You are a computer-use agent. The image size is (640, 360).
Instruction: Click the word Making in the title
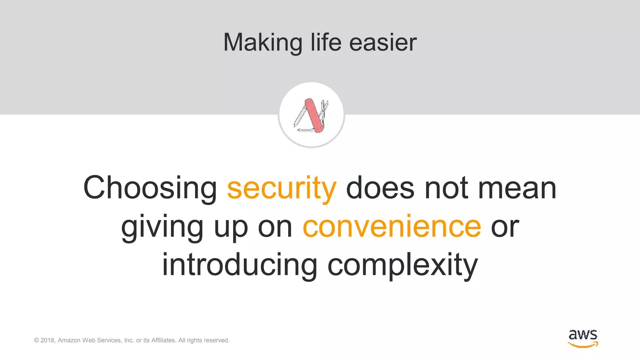[262, 42]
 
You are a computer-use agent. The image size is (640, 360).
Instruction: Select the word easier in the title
[383, 42]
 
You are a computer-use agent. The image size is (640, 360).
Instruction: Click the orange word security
[282, 188]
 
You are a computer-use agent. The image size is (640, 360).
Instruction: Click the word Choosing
[150, 188]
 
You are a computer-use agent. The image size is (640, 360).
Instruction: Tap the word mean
[517, 188]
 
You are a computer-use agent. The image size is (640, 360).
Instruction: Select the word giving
[162, 227]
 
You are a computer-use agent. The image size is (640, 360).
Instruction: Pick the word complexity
[403, 265]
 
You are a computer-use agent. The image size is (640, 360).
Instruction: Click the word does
[380, 188]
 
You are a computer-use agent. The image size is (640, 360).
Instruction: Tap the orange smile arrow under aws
[583, 345]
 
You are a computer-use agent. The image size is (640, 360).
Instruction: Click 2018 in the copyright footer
[47, 340]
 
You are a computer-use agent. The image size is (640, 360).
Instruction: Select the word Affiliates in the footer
[163, 340]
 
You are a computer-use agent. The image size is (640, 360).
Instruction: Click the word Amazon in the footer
[69, 340]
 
